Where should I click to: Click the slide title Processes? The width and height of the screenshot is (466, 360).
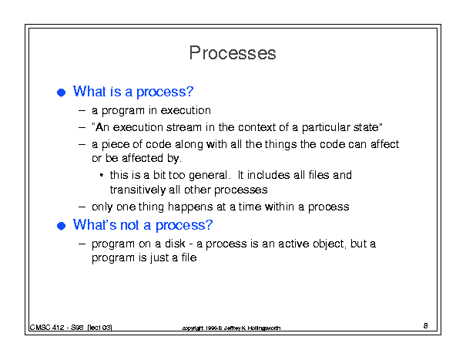[233, 53]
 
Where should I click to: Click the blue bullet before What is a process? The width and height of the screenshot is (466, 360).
[61, 93]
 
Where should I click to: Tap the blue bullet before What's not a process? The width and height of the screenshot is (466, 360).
[61, 226]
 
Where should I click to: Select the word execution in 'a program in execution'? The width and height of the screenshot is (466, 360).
[186, 110]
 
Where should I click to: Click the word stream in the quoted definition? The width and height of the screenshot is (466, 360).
[184, 127]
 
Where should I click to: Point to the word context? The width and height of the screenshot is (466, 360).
[256, 127]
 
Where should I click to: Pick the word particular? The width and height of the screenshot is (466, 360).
[326, 128]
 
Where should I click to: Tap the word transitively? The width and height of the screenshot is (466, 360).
[138, 190]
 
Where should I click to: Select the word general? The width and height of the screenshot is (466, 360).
[208, 176]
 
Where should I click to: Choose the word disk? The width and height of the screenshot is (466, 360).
[175, 244]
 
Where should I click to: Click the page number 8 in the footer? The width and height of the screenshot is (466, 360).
[426, 325]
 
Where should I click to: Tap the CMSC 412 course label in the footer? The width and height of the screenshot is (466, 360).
[47, 328]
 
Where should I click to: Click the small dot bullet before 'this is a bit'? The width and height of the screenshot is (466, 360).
[102, 175]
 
